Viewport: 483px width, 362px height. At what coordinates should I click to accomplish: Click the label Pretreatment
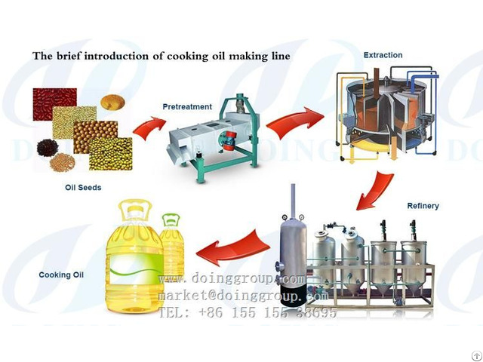pyautogui.click(x=187, y=107)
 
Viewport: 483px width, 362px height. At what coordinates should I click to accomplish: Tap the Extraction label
pyautogui.click(x=383, y=55)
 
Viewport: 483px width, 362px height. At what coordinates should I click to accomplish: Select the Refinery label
pyautogui.click(x=423, y=206)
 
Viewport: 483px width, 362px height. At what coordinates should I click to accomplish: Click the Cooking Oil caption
pyautogui.click(x=60, y=275)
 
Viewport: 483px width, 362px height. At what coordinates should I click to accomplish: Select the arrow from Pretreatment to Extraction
pyautogui.click(x=295, y=122)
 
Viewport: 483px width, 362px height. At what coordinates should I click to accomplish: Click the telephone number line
pyautogui.click(x=247, y=311)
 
